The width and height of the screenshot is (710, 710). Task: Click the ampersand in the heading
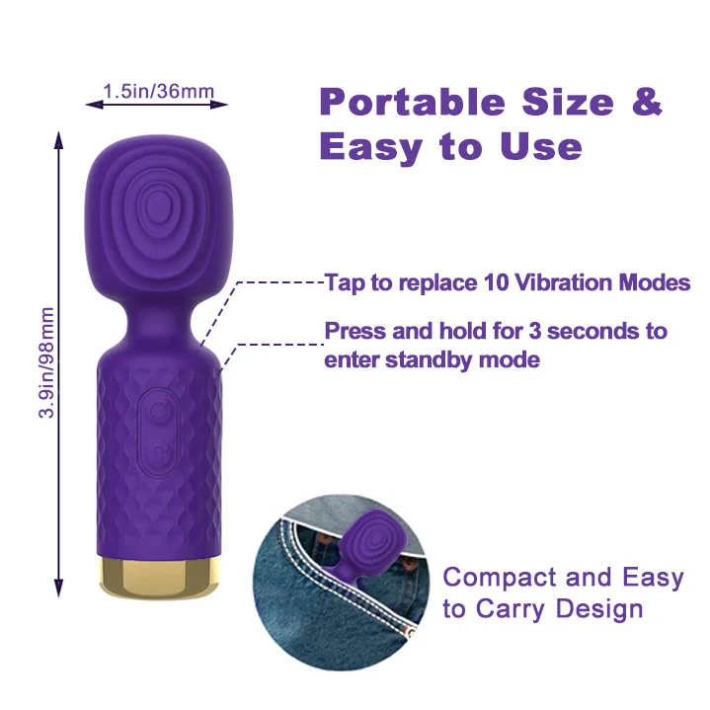point(646,102)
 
